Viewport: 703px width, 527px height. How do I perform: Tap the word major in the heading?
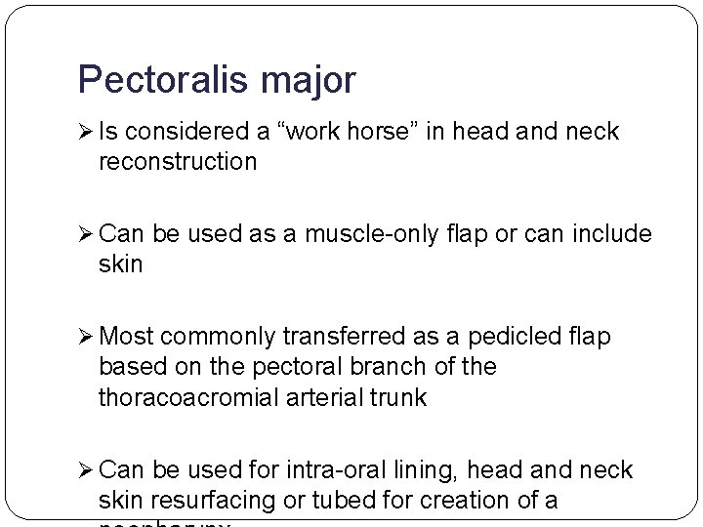(309, 83)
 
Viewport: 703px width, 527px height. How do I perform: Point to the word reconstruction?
(178, 161)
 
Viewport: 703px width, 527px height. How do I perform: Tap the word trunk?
(397, 397)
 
